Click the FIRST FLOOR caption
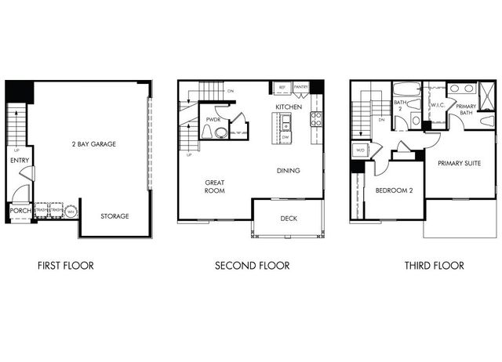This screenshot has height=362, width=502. (x=65, y=266)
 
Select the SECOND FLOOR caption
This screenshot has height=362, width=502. (x=252, y=266)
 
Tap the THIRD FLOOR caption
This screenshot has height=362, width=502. (x=434, y=266)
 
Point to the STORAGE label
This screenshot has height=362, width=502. (x=115, y=215)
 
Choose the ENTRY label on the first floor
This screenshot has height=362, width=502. (x=20, y=160)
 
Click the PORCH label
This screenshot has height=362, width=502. (x=19, y=211)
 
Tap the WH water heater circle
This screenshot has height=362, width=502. (x=71, y=212)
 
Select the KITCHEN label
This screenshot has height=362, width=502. (x=288, y=107)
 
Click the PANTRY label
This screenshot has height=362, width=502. (x=301, y=88)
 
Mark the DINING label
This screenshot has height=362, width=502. (x=289, y=170)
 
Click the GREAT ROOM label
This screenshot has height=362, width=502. (x=215, y=186)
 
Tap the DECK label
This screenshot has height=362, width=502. (x=289, y=219)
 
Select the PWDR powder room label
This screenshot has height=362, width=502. (x=213, y=120)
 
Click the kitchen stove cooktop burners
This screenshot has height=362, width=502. (x=316, y=120)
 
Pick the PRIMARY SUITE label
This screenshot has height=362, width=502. (x=459, y=164)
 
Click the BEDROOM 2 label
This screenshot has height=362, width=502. (x=394, y=190)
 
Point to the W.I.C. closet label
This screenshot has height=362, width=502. (x=438, y=104)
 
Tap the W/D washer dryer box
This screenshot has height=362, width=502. (x=361, y=150)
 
